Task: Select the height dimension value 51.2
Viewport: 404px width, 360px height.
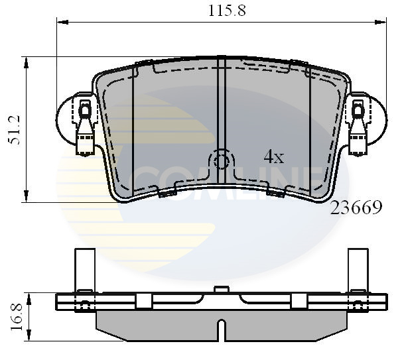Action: (x=15, y=130)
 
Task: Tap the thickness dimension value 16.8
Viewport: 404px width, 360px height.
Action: (x=15, y=316)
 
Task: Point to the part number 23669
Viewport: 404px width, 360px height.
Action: (x=357, y=208)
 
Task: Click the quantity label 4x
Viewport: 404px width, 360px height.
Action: (x=273, y=157)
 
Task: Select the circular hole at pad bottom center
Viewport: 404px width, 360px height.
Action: (x=222, y=161)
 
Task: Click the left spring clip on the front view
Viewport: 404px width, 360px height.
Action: (x=85, y=126)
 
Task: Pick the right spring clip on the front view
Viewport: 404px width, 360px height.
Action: (x=358, y=126)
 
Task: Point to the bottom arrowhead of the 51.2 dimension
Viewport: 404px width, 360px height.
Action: (x=27, y=197)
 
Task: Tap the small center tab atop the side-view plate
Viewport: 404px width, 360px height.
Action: (x=222, y=290)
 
